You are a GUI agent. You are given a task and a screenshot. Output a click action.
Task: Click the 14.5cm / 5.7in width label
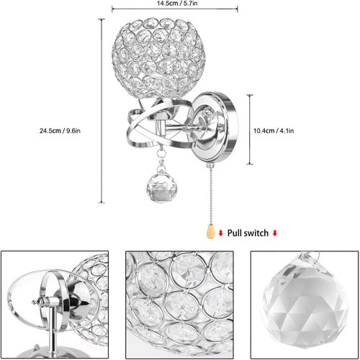point(177,4)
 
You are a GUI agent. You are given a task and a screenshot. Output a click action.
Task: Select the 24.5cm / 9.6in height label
point(60,131)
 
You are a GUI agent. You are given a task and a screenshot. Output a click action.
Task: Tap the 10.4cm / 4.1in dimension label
point(274,131)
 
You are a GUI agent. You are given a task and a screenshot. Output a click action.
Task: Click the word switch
point(257,233)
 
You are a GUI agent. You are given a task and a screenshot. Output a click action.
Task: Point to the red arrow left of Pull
point(221,233)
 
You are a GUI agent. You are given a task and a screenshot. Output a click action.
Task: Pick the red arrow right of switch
point(275,233)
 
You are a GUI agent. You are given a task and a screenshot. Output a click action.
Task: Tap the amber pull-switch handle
point(210,231)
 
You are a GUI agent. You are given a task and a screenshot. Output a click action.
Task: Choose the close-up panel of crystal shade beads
point(179,305)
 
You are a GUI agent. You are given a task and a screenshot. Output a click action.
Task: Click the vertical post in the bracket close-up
point(51,329)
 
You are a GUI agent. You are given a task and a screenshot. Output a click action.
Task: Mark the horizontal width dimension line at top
point(175,9)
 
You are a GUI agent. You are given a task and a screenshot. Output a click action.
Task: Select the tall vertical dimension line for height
point(102,111)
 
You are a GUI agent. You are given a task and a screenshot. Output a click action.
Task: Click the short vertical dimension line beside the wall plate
point(250,130)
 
